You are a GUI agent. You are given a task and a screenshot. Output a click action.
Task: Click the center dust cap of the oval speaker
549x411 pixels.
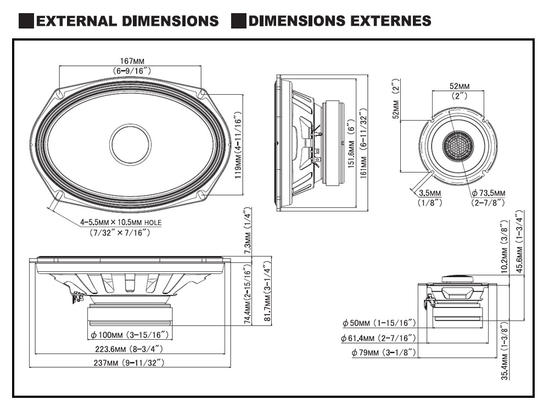[130, 144]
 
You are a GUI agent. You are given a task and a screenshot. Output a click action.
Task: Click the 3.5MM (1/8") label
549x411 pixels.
[429, 193]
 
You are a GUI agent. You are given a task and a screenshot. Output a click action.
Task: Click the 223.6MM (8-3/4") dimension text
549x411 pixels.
[131, 349]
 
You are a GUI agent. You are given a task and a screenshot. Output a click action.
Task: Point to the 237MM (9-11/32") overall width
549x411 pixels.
[131, 362]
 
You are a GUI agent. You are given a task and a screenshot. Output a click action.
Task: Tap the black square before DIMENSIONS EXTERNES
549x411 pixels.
[238, 21]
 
